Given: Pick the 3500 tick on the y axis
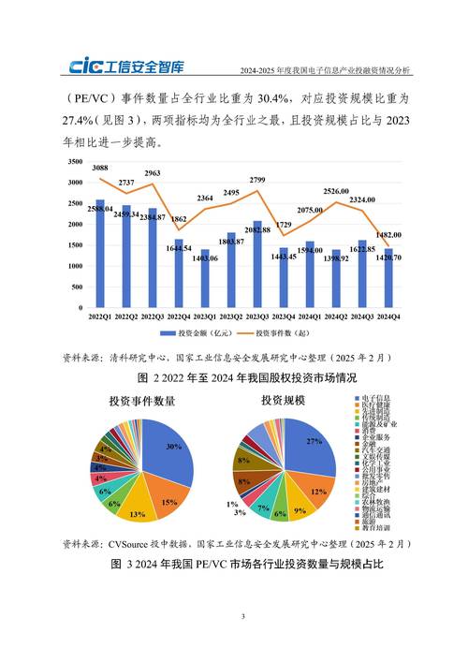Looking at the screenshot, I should pos(71,162).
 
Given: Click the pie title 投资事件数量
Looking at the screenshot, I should pos(142,401).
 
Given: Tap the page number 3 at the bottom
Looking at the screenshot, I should pos(241,616).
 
